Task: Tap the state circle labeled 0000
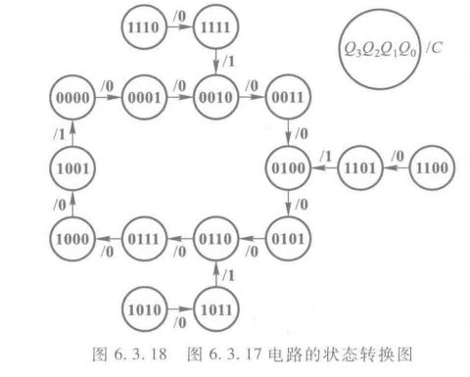(x=71, y=99)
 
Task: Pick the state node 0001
(x=142, y=99)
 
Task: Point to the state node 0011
(x=287, y=99)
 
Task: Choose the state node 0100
(x=287, y=167)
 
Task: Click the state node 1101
(x=359, y=167)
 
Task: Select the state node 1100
(x=431, y=167)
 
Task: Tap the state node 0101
(x=287, y=236)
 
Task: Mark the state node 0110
(x=214, y=236)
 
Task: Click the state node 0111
(x=143, y=236)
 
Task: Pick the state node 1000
(x=71, y=236)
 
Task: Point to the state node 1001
(x=71, y=167)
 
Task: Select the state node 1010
(x=143, y=306)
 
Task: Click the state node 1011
(x=214, y=306)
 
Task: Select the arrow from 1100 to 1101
(x=396, y=167)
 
